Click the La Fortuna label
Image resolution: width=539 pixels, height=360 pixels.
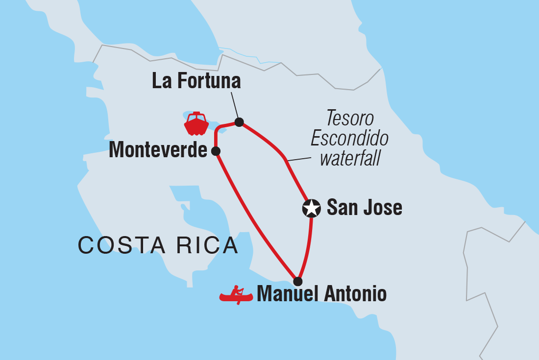click(196, 81)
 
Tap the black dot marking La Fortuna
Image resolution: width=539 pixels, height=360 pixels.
click(239, 122)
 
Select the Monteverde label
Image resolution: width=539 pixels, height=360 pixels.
click(158, 150)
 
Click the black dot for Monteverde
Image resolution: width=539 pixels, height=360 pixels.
click(215, 151)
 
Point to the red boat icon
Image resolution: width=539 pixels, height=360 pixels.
click(196, 124)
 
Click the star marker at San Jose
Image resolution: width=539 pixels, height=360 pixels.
click(311, 208)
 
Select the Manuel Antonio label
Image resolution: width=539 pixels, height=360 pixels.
click(321, 294)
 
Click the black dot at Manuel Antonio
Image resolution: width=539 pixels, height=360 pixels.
click(297, 281)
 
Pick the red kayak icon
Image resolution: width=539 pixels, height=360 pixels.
click(236, 295)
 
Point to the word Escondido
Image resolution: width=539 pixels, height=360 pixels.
click(349, 139)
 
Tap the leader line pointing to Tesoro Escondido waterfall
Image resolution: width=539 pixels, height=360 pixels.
click(299, 159)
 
